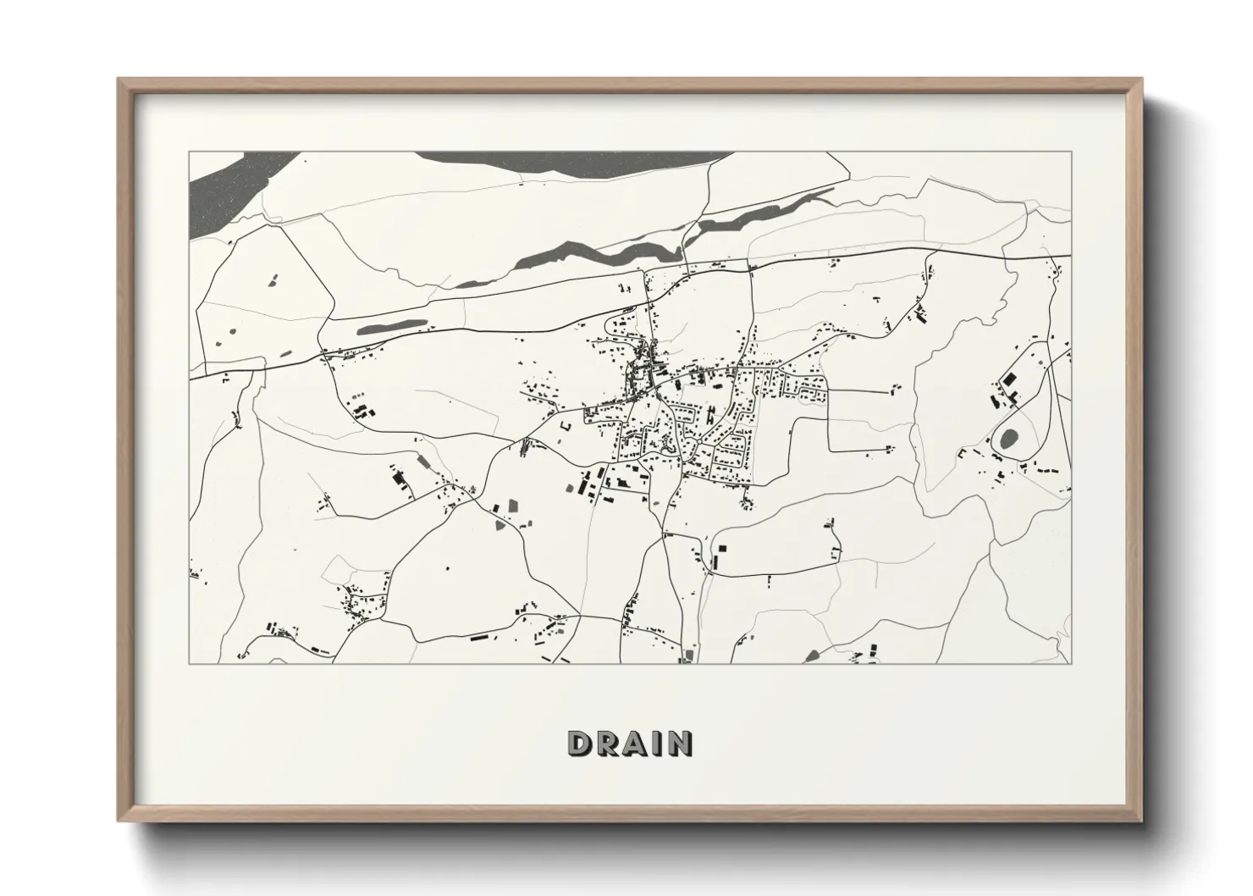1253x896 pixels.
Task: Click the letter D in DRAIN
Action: coord(580,744)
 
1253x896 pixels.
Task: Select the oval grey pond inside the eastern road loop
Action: coord(1008,439)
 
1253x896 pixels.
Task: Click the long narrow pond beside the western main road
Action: coord(390,327)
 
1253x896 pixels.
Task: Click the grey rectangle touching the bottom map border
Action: coord(687,655)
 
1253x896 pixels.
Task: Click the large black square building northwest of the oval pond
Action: coord(1007,379)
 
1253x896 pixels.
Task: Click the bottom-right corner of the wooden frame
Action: coord(1142,821)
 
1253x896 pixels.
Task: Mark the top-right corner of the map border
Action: coord(1072,152)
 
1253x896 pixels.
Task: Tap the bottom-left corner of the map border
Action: coord(190,663)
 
